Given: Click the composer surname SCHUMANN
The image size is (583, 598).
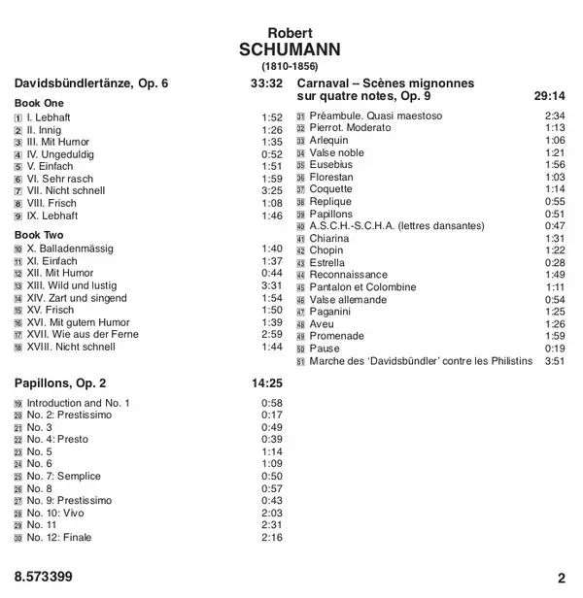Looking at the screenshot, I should click(x=292, y=50).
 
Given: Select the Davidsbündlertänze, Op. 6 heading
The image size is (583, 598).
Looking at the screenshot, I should click(x=91, y=84).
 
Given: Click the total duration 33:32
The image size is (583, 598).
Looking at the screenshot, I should click(x=266, y=84).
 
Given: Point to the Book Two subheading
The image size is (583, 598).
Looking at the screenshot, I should click(x=40, y=235).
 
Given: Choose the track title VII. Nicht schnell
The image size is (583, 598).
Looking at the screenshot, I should click(x=66, y=190).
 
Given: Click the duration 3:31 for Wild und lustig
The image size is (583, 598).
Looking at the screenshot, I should click(x=271, y=285).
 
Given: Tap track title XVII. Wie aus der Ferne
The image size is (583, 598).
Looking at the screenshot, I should click(x=83, y=334).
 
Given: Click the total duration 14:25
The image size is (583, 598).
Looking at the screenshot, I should click(x=266, y=382).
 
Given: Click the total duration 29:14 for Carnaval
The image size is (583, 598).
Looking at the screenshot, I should click(x=549, y=95).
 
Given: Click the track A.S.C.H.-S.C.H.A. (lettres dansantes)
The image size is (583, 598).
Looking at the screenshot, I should click(x=396, y=226).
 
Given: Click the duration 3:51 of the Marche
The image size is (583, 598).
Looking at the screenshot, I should click(x=554, y=361).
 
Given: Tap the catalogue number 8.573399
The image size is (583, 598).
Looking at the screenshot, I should click(x=44, y=578).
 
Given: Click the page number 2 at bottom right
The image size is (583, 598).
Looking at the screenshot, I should click(x=561, y=578).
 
